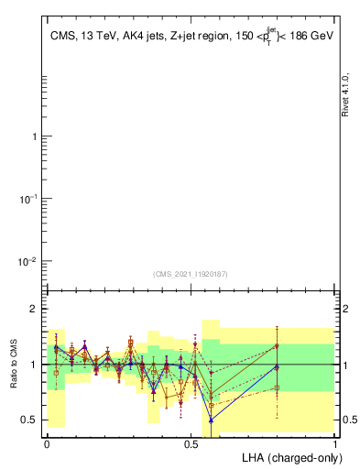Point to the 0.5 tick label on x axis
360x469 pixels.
191,442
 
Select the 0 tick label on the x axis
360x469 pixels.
47,442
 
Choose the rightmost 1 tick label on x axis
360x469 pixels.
334,442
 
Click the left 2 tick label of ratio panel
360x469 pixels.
35,309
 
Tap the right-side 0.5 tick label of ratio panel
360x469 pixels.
349,420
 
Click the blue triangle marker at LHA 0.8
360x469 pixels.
277,367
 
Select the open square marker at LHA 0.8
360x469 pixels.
277,387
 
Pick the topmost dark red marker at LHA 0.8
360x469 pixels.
277,345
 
